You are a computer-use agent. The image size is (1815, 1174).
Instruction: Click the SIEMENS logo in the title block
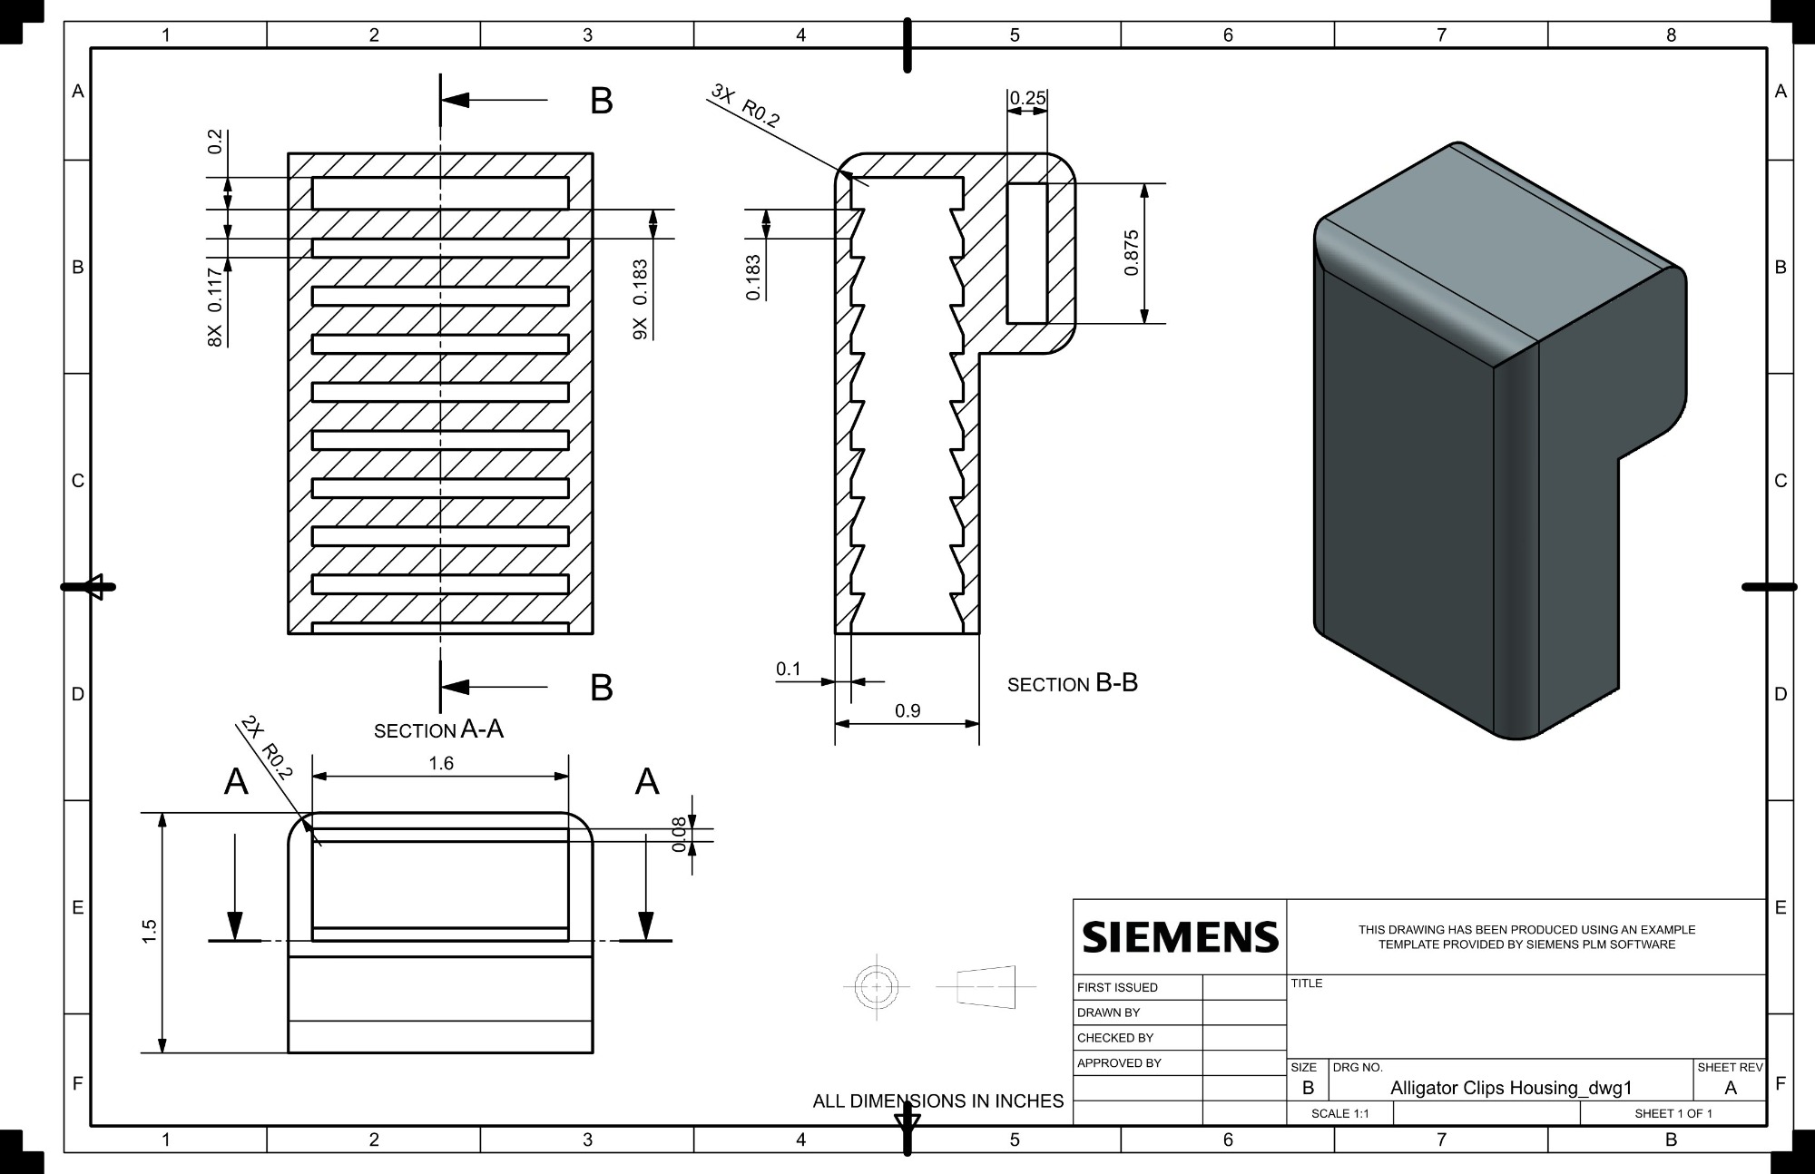[x=1181, y=936]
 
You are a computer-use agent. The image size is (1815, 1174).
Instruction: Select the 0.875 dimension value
[x=1131, y=253]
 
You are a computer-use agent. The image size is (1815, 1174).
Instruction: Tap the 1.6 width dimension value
[x=441, y=763]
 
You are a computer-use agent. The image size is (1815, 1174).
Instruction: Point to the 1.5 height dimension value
[x=150, y=931]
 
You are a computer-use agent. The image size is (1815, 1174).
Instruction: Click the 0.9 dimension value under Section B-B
[x=907, y=710]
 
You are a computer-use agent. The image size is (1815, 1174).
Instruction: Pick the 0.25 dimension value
[x=1028, y=97]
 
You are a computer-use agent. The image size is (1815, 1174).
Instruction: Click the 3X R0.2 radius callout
[x=746, y=105]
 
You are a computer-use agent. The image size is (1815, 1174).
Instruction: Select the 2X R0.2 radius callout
[x=267, y=748]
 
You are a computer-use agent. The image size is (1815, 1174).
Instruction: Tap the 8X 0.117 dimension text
[x=215, y=307]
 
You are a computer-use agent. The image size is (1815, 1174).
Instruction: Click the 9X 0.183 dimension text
[x=640, y=299]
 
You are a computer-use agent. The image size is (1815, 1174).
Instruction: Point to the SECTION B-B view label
[x=1073, y=683]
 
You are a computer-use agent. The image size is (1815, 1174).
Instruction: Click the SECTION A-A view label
[x=439, y=729]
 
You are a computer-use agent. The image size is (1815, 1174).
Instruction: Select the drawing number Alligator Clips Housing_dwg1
[x=1511, y=1088]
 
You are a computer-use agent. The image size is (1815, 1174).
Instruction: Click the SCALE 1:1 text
[x=1339, y=1113]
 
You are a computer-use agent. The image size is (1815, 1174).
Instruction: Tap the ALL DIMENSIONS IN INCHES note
[x=938, y=1101]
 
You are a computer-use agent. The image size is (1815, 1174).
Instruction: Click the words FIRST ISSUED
[x=1117, y=987]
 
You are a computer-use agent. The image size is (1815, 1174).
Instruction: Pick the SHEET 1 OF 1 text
[x=1673, y=1113]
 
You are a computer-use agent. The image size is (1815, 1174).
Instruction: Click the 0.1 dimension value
[x=789, y=669]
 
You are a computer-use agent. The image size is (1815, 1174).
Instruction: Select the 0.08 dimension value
[x=679, y=835]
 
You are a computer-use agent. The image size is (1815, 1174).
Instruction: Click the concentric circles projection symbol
[x=877, y=986]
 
